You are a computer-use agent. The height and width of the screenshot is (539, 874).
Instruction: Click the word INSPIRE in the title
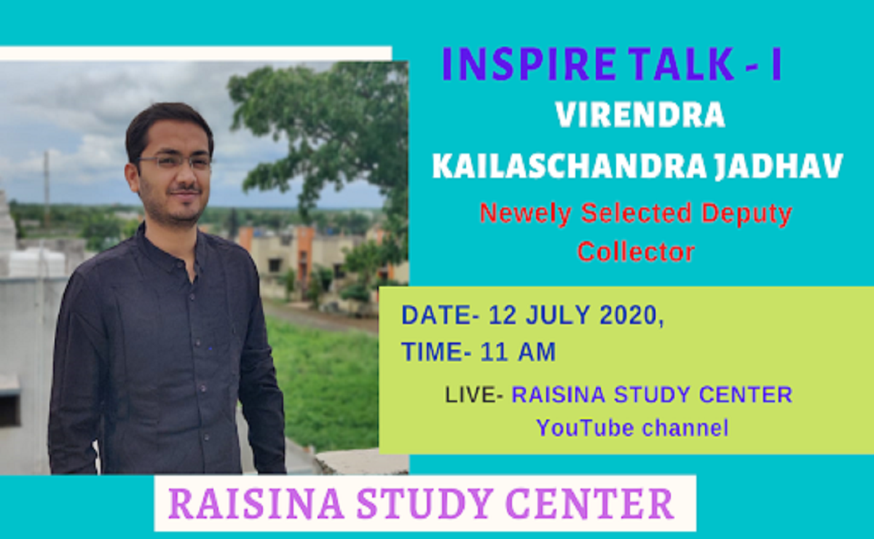[529, 64]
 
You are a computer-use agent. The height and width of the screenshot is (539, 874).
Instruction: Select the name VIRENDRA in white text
[640, 115]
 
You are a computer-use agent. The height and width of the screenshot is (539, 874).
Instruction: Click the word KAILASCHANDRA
[570, 166]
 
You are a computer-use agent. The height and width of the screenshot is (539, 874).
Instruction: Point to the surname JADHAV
[779, 166]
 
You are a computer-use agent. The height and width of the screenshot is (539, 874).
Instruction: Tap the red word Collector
[636, 252]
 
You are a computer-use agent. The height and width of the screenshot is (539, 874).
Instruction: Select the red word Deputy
[747, 214]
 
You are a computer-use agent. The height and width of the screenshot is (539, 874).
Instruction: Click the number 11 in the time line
[494, 352]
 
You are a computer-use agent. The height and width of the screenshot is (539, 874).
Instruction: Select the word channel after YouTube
[685, 428]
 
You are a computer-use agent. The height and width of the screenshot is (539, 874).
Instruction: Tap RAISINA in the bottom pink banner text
[256, 503]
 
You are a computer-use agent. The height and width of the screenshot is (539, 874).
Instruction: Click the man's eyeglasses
[173, 161]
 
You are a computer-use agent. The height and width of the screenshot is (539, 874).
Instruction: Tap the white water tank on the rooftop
[36, 264]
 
